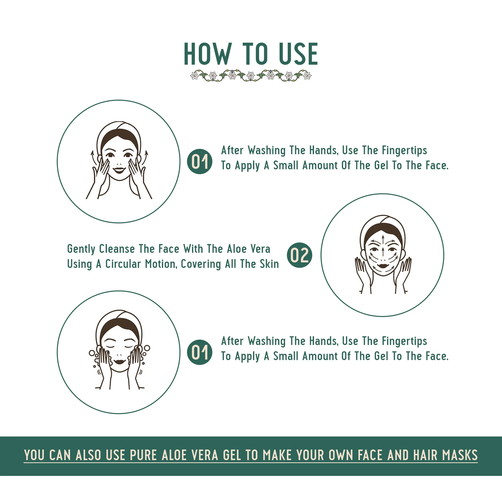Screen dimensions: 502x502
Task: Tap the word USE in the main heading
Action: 298,54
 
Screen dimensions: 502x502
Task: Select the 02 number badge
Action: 299,255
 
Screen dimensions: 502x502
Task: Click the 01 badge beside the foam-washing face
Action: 200,352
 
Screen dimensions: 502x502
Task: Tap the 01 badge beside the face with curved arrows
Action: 200,161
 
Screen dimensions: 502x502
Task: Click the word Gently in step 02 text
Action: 81,249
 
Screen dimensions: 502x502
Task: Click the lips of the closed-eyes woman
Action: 120,362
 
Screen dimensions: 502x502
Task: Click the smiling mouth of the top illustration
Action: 119,170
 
